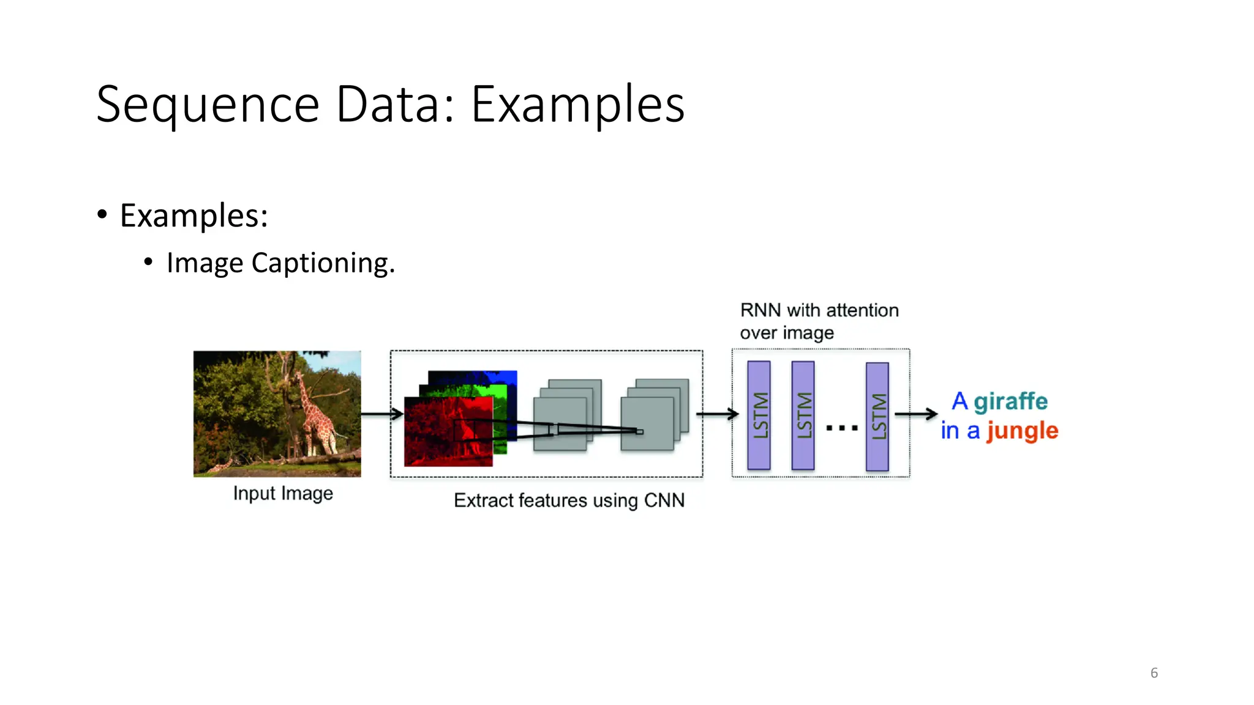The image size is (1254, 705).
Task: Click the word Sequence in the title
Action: point(208,105)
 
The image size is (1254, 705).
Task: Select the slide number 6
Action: point(1154,673)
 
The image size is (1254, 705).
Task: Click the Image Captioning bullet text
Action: point(280,263)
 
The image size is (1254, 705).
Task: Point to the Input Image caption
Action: point(283,493)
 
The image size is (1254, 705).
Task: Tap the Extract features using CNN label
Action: point(569,501)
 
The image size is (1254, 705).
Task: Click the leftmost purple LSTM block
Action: point(759,416)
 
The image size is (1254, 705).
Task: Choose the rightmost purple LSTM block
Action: point(877,417)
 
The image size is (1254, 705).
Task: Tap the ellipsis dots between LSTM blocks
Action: point(841,428)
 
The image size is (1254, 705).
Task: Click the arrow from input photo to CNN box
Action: point(381,414)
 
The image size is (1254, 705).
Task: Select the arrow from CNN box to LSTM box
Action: point(717,414)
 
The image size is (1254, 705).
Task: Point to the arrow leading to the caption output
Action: point(916,414)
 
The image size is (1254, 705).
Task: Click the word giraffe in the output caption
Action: point(1010,401)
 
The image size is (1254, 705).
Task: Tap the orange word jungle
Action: point(1022,431)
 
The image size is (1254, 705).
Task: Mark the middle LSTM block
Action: point(803,416)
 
